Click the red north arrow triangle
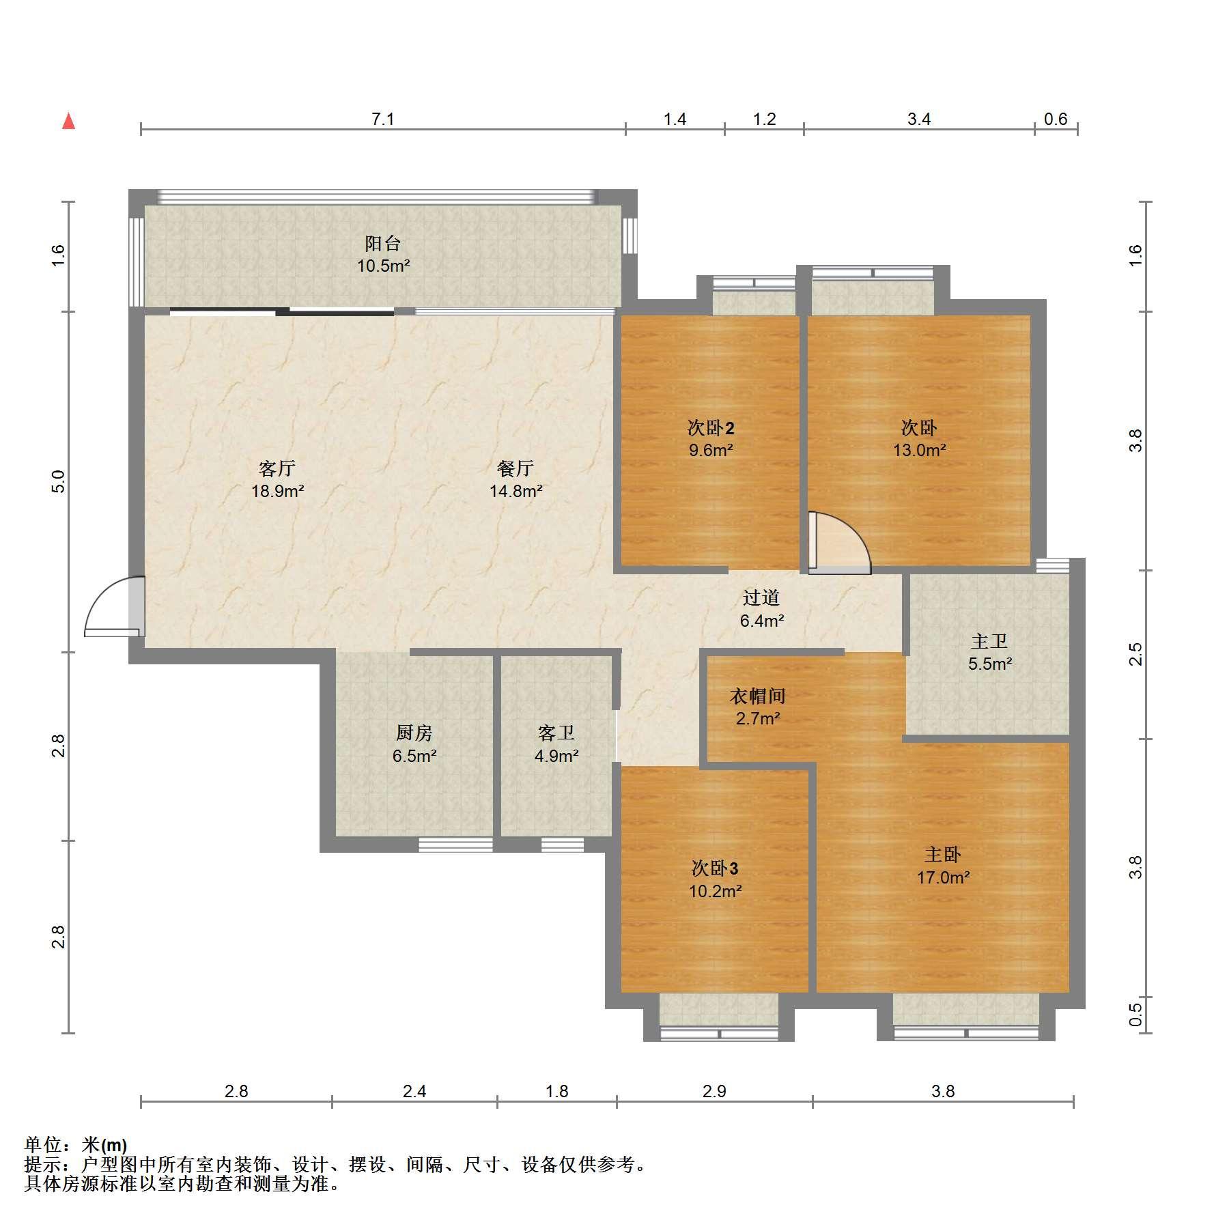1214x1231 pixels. [68, 122]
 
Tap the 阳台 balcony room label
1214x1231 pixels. [382, 243]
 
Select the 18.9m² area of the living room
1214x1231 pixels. [277, 491]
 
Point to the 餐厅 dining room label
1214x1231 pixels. [516, 468]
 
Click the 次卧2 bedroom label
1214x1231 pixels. [711, 428]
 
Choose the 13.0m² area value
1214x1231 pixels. [919, 450]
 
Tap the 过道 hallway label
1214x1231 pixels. [761, 598]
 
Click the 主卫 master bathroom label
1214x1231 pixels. [989, 641]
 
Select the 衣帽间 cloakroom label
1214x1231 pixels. [758, 696]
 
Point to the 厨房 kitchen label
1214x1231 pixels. [414, 733]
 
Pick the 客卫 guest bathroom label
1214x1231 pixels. [556, 733]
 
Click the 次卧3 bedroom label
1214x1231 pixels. [715, 868]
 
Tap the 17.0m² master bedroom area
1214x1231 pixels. [943, 877]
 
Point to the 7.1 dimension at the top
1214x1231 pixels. [382, 119]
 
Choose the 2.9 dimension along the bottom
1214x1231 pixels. [714, 1110]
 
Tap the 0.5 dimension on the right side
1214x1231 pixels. [1135, 1015]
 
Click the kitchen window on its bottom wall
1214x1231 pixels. [455, 845]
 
